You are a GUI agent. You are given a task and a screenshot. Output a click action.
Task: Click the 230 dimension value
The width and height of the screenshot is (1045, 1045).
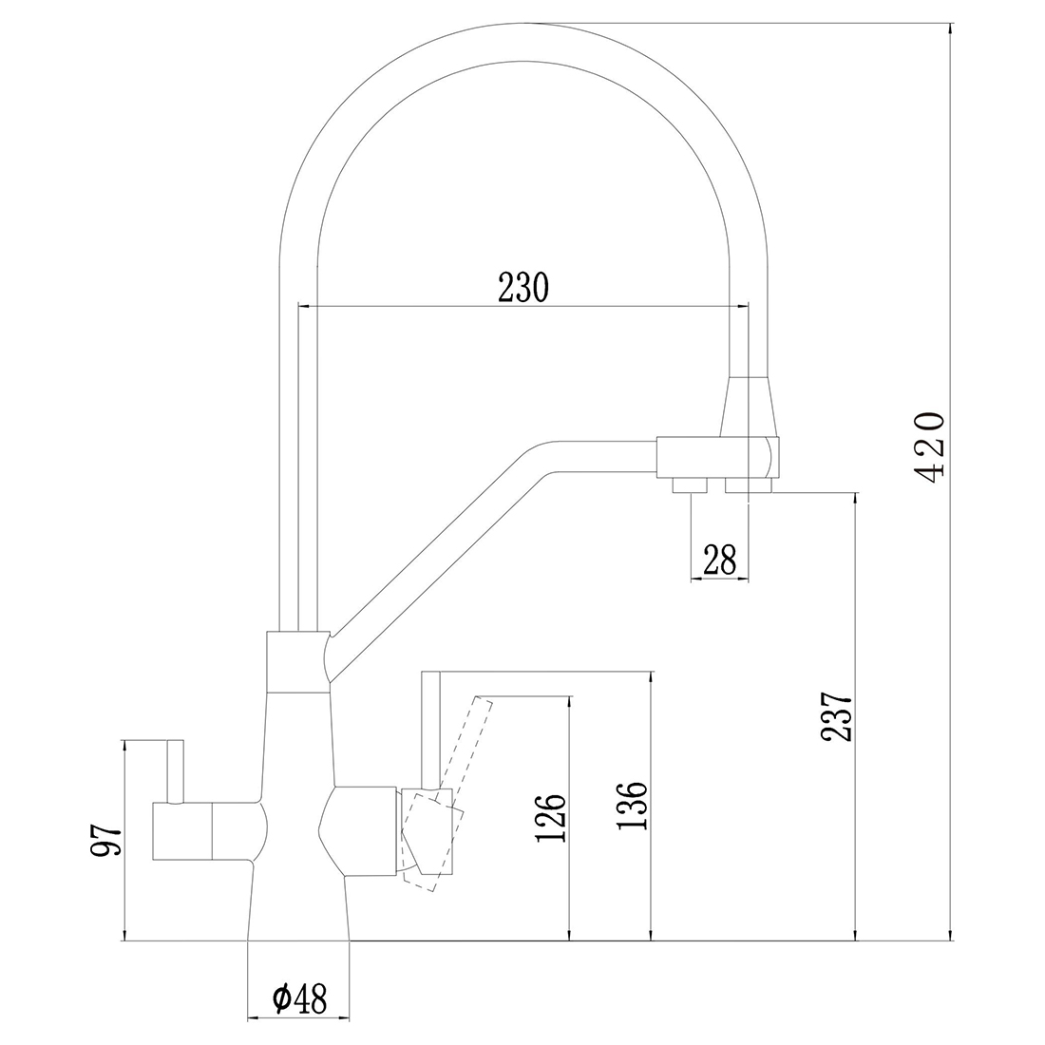coord(523,287)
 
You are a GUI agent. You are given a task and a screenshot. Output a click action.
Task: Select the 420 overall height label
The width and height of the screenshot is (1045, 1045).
coord(928,447)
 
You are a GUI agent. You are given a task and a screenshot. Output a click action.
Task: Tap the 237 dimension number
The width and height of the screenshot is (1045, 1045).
coord(837,718)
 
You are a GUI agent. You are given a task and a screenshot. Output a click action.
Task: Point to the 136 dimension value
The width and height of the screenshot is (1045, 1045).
coord(632,805)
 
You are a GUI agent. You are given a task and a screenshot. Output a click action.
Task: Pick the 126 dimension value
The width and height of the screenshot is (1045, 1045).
coord(550,818)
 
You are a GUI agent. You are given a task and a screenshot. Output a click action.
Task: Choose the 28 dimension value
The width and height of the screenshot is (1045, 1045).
coord(720,560)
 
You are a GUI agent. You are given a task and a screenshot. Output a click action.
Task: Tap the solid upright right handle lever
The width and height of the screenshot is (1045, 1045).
coord(431,730)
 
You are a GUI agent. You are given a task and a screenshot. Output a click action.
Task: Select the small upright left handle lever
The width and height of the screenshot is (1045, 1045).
coord(176,771)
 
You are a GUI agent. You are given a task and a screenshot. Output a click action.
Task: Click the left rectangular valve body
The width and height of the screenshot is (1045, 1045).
coord(182,831)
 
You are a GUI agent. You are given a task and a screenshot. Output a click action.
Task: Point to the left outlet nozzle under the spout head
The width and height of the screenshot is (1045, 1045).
coord(690,485)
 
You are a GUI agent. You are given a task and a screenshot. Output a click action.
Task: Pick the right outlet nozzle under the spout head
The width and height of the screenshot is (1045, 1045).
coord(749,485)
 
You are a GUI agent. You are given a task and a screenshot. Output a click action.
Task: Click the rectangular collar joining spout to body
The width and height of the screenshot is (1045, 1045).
coord(298,661)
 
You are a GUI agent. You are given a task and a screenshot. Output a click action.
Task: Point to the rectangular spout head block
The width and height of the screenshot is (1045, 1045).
coord(718,458)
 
